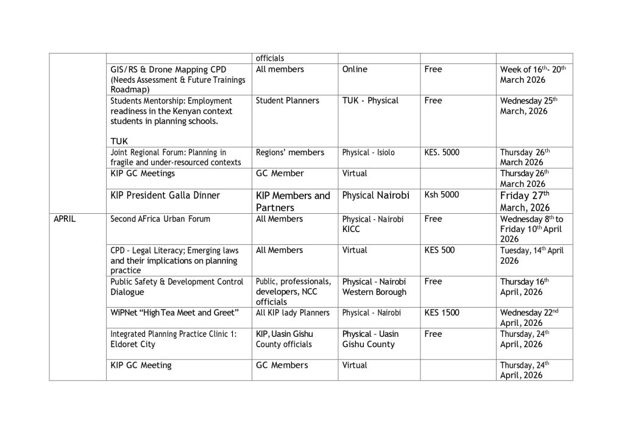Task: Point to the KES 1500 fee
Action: click(x=442, y=312)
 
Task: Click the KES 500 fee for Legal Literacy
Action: click(x=439, y=250)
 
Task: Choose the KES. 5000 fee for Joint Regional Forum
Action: click(x=442, y=152)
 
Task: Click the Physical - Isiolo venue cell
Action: click(x=368, y=152)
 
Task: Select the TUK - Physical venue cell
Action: click(x=370, y=101)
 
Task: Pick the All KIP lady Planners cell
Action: click(x=292, y=312)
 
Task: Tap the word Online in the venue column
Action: click(x=355, y=69)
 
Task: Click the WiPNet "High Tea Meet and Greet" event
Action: click(x=174, y=312)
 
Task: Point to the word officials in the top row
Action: click(x=270, y=58)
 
